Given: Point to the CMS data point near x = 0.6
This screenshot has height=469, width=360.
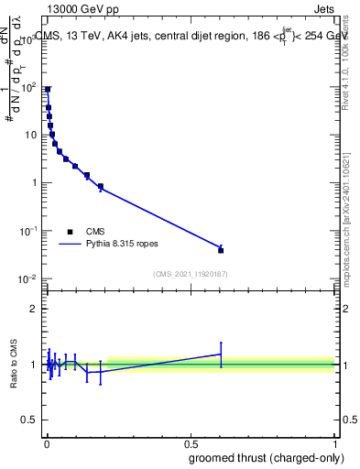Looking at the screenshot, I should [x=221, y=249].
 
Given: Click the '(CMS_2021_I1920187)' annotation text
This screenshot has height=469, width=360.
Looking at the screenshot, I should [x=190, y=274].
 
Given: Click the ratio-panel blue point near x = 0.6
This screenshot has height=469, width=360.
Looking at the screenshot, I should [x=221, y=354].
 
